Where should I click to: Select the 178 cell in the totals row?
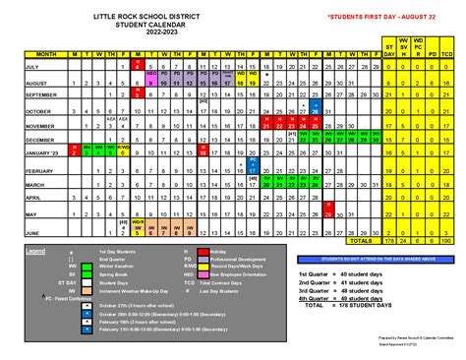[391, 238]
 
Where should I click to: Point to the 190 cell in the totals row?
[448, 238]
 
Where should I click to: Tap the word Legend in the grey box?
[36, 252]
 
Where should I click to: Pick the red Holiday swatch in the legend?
[186, 252]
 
